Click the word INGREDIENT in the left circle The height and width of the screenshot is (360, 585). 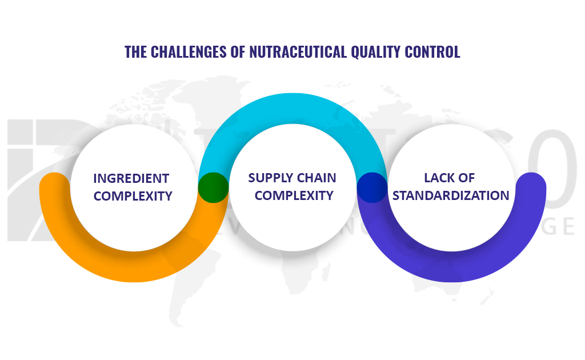point(131,178)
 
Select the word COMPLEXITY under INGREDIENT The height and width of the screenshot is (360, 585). point(133,196)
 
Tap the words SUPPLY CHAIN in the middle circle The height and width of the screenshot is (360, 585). point(292,178)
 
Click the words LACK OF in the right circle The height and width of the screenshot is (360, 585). point(449,178)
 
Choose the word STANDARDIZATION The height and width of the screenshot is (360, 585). point(451,195)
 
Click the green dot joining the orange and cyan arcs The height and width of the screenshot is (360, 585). point(213,187)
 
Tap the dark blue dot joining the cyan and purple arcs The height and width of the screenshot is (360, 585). point(372,187)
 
